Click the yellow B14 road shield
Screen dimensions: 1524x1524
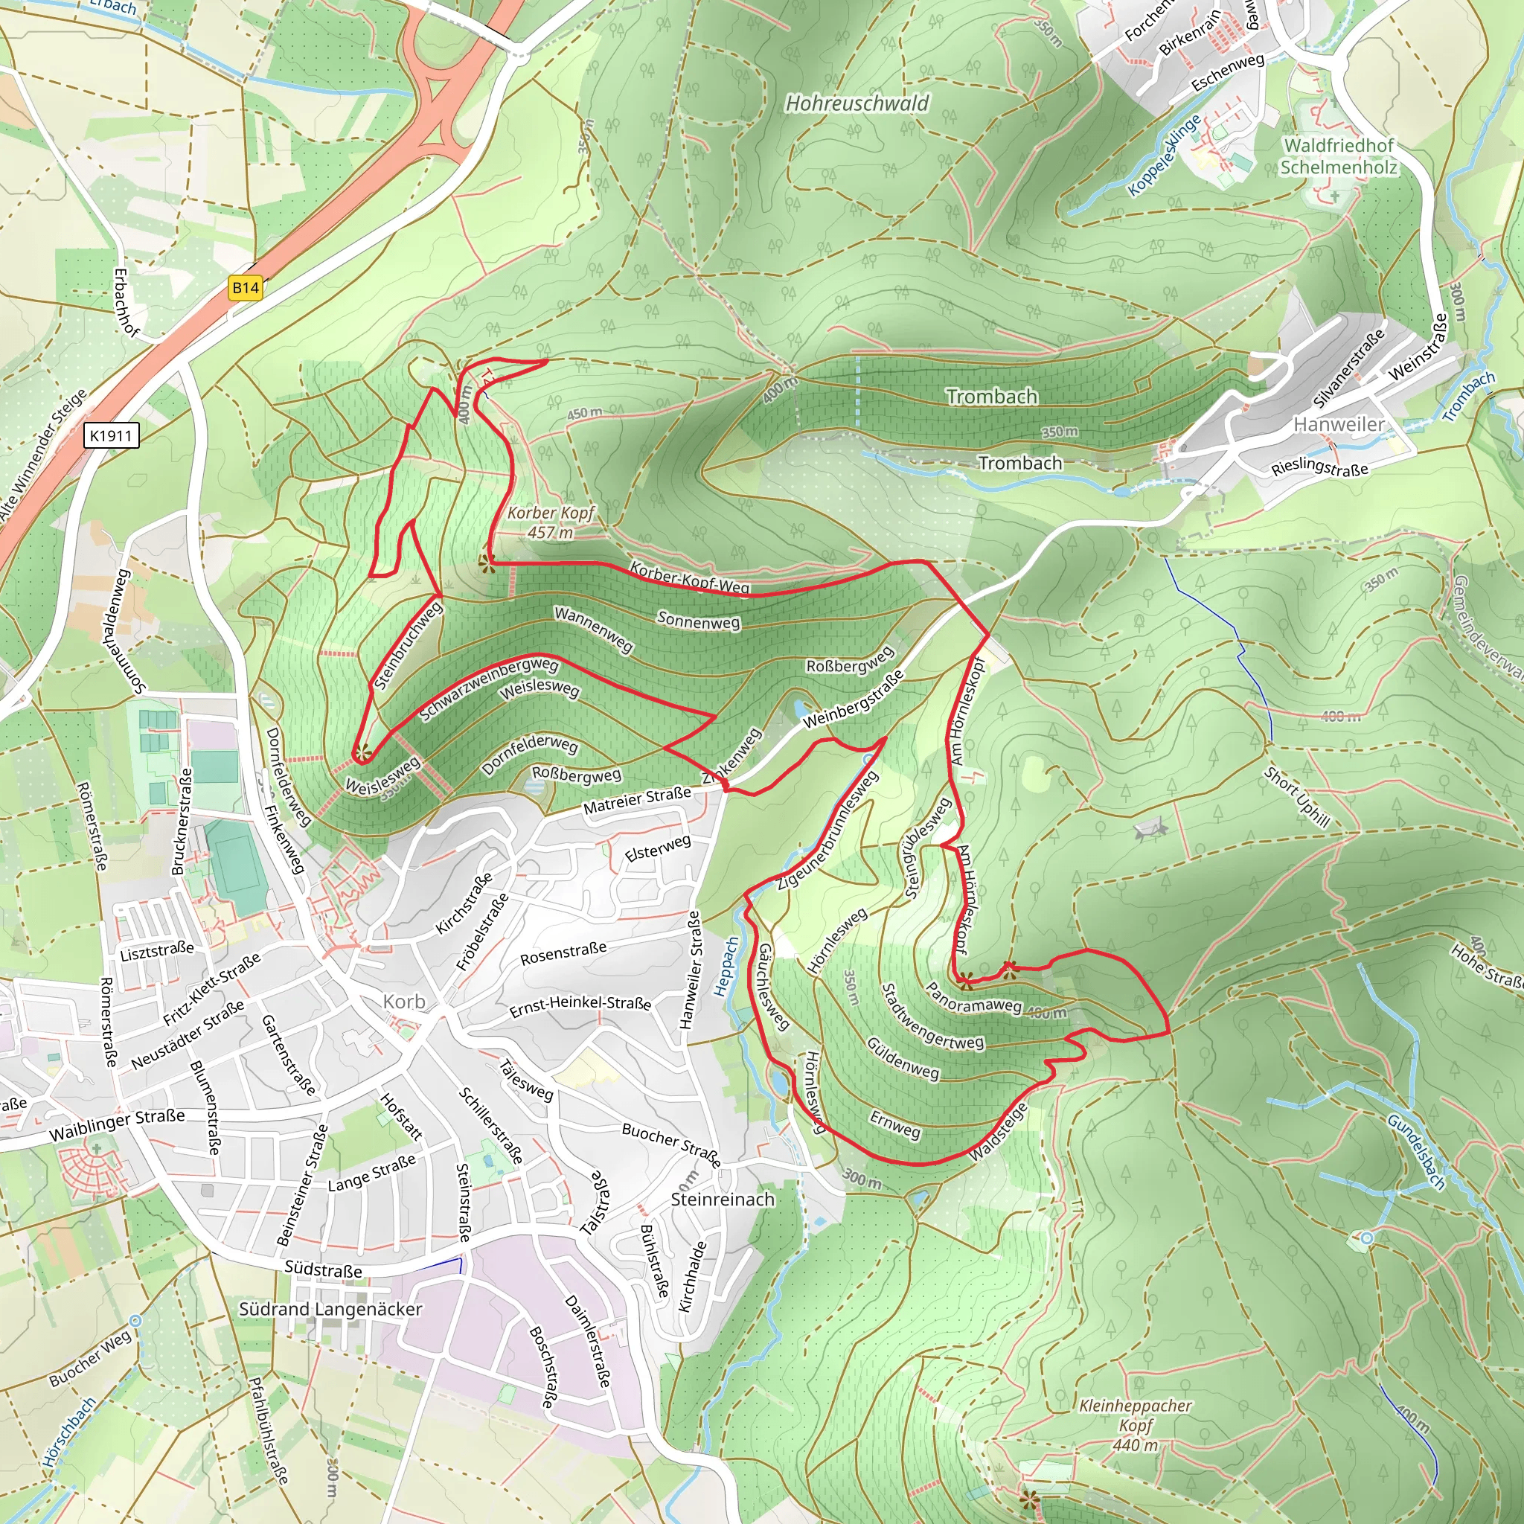[246, 288]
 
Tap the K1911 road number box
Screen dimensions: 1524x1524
[111, 435]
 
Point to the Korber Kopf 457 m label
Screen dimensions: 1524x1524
[551, 522]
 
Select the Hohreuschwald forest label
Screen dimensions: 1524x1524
[857, 103]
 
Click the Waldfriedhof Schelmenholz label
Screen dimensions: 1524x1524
[1339, 156]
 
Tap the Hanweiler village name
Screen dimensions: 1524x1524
[1339, 424]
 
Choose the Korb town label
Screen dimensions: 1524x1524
[404, 1002]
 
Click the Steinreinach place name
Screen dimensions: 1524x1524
[723, 1199]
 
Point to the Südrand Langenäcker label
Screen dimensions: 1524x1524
[330, 1309]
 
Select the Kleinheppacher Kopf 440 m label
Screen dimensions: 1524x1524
[1135, 1424]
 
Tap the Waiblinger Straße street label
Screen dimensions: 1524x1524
[117, 1125]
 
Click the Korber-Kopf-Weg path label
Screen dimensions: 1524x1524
[689, 577]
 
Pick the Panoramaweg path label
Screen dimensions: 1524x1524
[973, 999]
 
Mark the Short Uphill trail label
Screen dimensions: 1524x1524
[1297, 797]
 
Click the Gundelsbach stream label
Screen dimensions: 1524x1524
[1416, 1152]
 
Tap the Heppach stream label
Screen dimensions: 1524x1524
[726, 967]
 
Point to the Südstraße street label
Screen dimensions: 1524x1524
[324, 1270]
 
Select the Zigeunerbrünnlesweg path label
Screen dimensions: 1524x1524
[828, 830]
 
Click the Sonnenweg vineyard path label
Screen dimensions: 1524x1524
[698, 621]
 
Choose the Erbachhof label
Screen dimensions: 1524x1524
[126, 303]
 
